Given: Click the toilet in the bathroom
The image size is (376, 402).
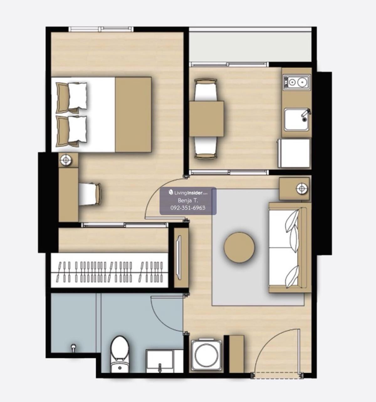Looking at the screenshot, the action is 119,354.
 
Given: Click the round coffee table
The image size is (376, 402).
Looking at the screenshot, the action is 239,247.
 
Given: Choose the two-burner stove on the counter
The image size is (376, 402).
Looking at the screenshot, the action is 297,82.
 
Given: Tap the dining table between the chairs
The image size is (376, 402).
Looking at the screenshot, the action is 206,119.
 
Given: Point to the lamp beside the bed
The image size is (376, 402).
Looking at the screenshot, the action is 66,160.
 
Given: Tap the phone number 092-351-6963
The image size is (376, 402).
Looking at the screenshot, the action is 188,208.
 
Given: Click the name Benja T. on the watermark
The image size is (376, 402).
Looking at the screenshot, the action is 188,201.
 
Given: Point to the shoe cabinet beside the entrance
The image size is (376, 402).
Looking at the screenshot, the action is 236,354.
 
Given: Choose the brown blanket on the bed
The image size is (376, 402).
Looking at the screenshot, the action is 133,114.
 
